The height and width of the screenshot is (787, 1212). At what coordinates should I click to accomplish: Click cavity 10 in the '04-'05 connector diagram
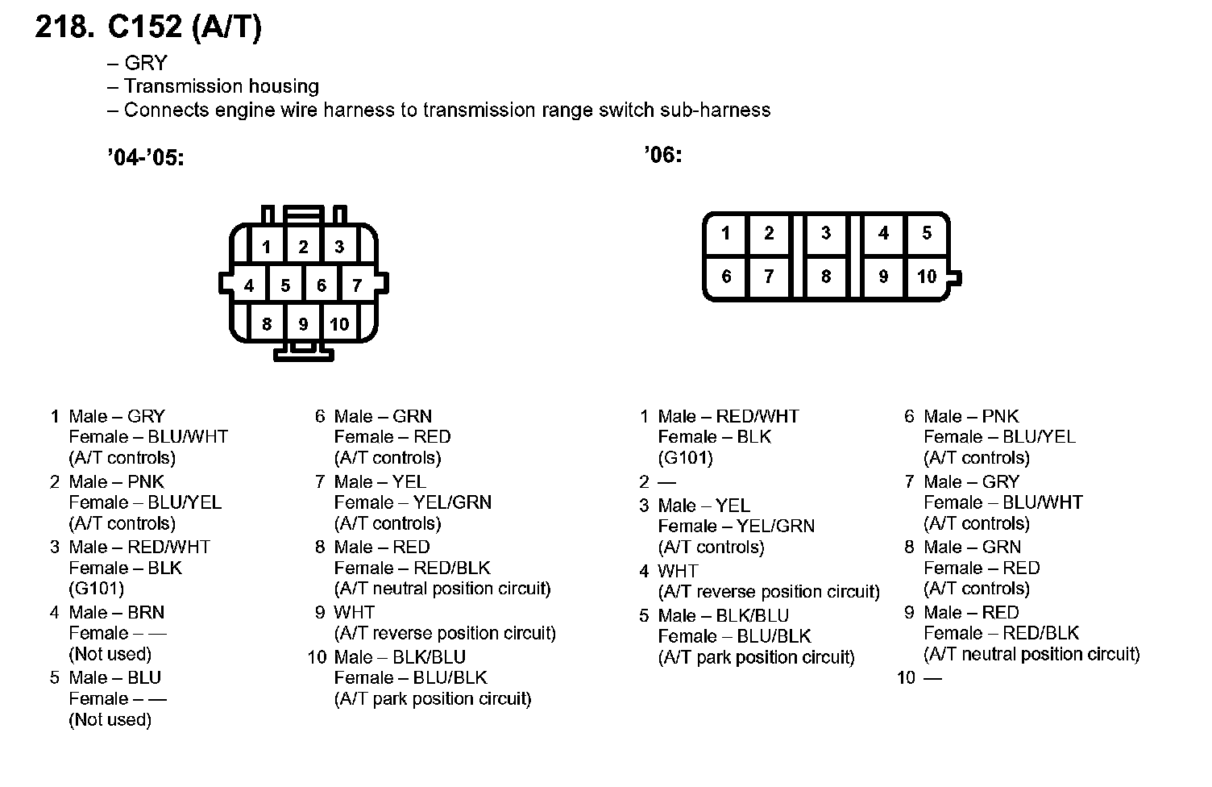pyautogui.click(x=339, y=324)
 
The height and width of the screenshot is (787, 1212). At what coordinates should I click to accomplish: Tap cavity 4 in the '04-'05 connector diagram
pyautogui.click(x=249, y=285)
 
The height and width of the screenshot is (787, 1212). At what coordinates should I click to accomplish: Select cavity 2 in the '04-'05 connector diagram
pyautogui.click(x=303, y=247)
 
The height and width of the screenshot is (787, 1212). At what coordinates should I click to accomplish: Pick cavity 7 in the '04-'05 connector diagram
pyautogui.click(x=357, y=285)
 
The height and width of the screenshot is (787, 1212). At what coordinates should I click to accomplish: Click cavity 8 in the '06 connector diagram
pyautogui.click(x=826, y=277)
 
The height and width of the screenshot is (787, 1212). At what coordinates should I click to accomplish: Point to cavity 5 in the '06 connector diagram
pyautogui.click(x=927, y=233)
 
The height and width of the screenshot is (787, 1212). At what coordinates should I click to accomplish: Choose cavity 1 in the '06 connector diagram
pyautogui.click(x=725, y=233)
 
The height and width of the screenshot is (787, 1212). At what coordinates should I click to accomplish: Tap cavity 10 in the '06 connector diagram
pyautogui.click(x=927, y=277)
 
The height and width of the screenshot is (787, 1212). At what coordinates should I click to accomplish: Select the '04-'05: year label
pyautogui.click(x=146, y=158)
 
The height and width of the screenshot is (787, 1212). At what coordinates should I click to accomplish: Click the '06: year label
pyautogui.click(x=662, y=154)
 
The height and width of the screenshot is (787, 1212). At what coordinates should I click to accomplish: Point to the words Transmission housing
pyautogui.click(x=221, y=86)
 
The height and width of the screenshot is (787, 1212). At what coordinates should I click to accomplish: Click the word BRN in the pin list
pyautogui.click(x=146, y=612)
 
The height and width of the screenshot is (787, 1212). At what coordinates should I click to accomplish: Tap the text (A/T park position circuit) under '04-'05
pyautogui.click(x=433, y=698)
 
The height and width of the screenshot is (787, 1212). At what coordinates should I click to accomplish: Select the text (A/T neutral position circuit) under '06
pyautogui.click(x=1031, y=654)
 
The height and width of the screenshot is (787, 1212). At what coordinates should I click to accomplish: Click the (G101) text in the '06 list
pyautogui.click(x=685, y=458)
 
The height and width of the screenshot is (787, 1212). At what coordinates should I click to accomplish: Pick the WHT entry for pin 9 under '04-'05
pyautogui.click(x=355, y=612)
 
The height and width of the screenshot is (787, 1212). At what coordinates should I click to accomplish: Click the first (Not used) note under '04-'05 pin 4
pyautogui.click(x=110, y=654)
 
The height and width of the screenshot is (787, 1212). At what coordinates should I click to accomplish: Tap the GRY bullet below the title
pyautogui.click(x=146, y=63)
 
